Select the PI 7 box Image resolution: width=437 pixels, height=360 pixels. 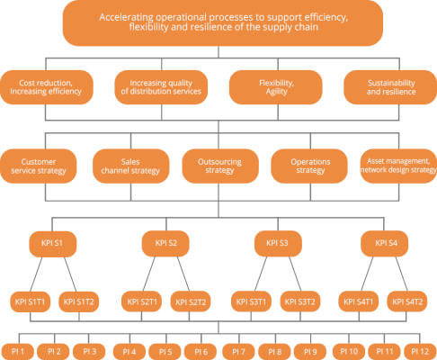click(239, 349)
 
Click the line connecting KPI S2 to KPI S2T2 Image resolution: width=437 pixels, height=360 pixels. click(181, 272)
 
